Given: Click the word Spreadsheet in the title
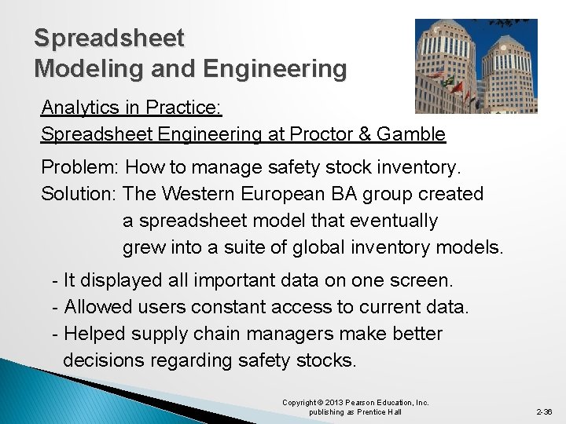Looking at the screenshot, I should coord(109,38).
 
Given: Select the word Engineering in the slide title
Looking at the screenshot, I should coord(274,69).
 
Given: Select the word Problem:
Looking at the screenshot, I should coord(80,167).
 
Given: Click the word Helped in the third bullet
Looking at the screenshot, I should coord(94,334).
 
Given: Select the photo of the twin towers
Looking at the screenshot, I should coord(476,66).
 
